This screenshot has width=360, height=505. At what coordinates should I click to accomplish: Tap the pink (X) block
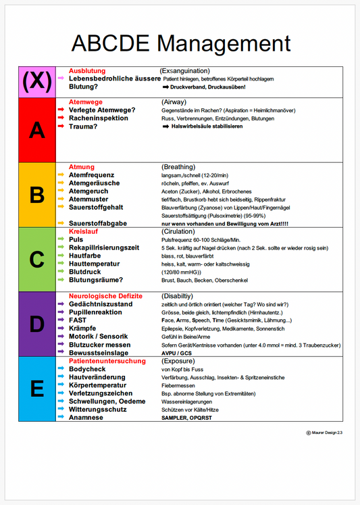tap(37, 82)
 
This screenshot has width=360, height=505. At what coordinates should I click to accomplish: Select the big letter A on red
tap(37, 130)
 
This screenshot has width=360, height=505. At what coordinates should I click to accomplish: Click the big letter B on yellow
tap(37, 195)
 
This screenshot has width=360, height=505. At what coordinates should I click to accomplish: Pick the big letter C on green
tap(37, 260)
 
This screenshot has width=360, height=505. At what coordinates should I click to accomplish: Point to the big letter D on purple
tap(37, 324)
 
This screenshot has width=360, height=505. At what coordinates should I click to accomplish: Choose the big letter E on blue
tap(37, 389)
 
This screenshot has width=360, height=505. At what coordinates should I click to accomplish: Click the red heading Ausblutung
tap(87, 71)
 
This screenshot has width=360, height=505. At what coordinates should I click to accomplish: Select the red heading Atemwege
tap(86, 101)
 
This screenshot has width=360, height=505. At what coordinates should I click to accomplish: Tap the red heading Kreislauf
tap(84, 231)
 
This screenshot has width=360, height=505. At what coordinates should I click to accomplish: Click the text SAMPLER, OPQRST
tap(187, 418)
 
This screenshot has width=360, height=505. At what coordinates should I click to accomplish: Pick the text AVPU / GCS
tap(176, 353)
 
